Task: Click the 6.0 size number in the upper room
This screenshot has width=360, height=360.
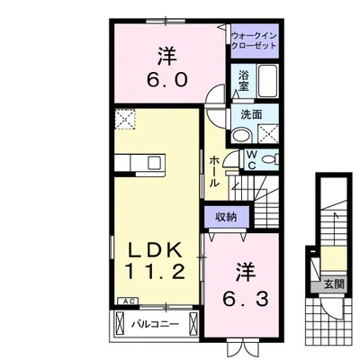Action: (x=166, y=78)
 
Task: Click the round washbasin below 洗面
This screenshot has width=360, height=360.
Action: (x=241, y=136)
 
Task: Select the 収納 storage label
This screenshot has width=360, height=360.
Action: (x=226, y=216)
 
